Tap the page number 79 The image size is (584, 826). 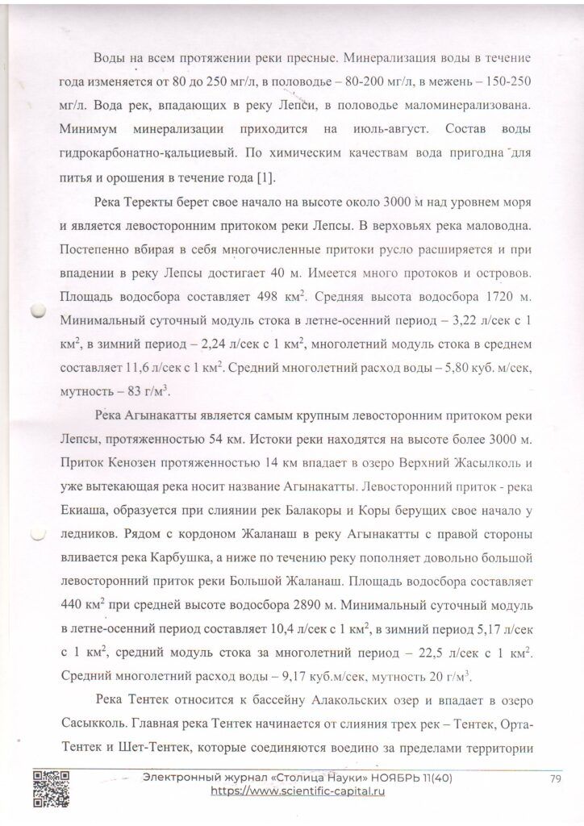coord(554,778)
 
